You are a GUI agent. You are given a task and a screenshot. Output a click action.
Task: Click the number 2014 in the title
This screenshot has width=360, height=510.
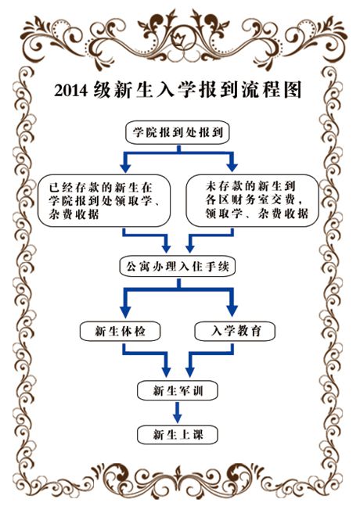tap(70, 90)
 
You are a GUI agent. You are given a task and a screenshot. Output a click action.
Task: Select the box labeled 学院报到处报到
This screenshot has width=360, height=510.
tap(178, 132)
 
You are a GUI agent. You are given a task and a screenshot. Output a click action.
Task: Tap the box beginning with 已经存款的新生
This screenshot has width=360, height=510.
tap(104, 200)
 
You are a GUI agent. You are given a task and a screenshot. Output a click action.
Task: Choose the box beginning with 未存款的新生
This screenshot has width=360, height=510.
tap(252, 200)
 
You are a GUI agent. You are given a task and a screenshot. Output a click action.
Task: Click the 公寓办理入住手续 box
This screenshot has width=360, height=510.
tap(178, 267)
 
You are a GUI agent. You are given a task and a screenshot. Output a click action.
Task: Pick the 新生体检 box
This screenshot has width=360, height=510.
tap(120, 331)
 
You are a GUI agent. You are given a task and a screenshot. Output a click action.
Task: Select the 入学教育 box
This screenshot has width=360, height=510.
tap(235, 331)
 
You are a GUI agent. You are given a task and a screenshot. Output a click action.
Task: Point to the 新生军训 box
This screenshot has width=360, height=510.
tap(178, 390)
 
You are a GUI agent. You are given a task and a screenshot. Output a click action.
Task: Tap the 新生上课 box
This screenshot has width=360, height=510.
tap(178, 435)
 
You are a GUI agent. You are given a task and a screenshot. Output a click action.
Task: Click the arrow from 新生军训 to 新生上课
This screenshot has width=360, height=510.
tap(178, 412)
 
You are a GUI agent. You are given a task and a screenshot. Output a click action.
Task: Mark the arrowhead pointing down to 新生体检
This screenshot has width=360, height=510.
tap(125, 311)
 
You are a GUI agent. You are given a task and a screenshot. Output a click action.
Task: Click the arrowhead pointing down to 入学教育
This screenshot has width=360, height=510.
tap(232, 311)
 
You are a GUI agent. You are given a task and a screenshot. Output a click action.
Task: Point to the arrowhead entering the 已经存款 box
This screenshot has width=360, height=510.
tap(125, 167)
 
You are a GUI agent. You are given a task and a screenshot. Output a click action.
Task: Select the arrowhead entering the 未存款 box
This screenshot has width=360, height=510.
tap(232, 166)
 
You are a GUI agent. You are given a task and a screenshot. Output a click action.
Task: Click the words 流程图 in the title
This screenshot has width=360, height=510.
tap(272, 89)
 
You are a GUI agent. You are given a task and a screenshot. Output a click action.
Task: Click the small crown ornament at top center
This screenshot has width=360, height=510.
tap(179, 39)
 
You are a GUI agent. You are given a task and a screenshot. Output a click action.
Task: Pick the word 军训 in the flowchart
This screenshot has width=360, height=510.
tap(191, 390)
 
